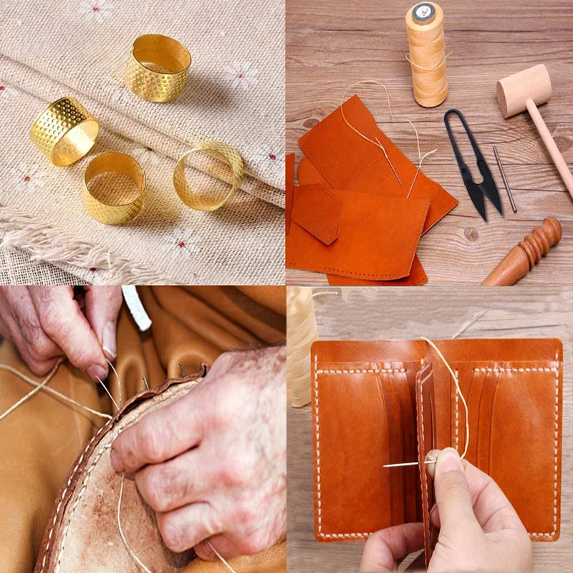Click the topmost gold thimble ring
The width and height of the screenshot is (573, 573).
(158, 68)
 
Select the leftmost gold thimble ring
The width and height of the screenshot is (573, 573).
(64, 130)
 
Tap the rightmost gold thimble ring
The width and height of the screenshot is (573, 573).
(208, 175)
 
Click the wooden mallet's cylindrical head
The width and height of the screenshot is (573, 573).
(524, 90)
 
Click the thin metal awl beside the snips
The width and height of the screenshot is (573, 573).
(504, 179)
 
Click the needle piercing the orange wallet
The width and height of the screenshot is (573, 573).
(408, 464)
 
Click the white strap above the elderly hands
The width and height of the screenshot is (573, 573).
(136, 307)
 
